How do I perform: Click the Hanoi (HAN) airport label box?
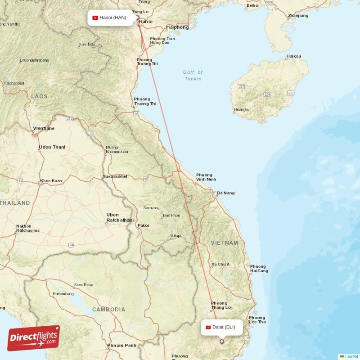(x=112, y=18)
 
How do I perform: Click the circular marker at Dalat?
(x=221, y=342)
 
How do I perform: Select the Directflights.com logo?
(x=34, y=338)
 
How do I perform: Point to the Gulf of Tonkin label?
(x=193, y=75)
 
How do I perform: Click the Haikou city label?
(x=293, y=56)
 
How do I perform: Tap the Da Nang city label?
(x=225, y=193)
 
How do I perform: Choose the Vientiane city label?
(x=44, y=128)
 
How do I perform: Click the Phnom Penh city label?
(x=121, y=346)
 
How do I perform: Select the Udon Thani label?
(x=52, y=147)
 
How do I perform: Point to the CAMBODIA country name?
(x=108, y=310)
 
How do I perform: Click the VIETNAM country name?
(x=225, y=243)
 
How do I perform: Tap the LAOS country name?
(x=39, y=96)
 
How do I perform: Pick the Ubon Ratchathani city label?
(x=120, y=217)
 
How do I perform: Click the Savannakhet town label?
(x=115, y=176)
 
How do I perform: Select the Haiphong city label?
(x=178, y=27)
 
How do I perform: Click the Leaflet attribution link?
(x=351, y=356)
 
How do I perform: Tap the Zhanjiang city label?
(x=298, y=16)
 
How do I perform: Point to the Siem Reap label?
(x=83, y=285)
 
